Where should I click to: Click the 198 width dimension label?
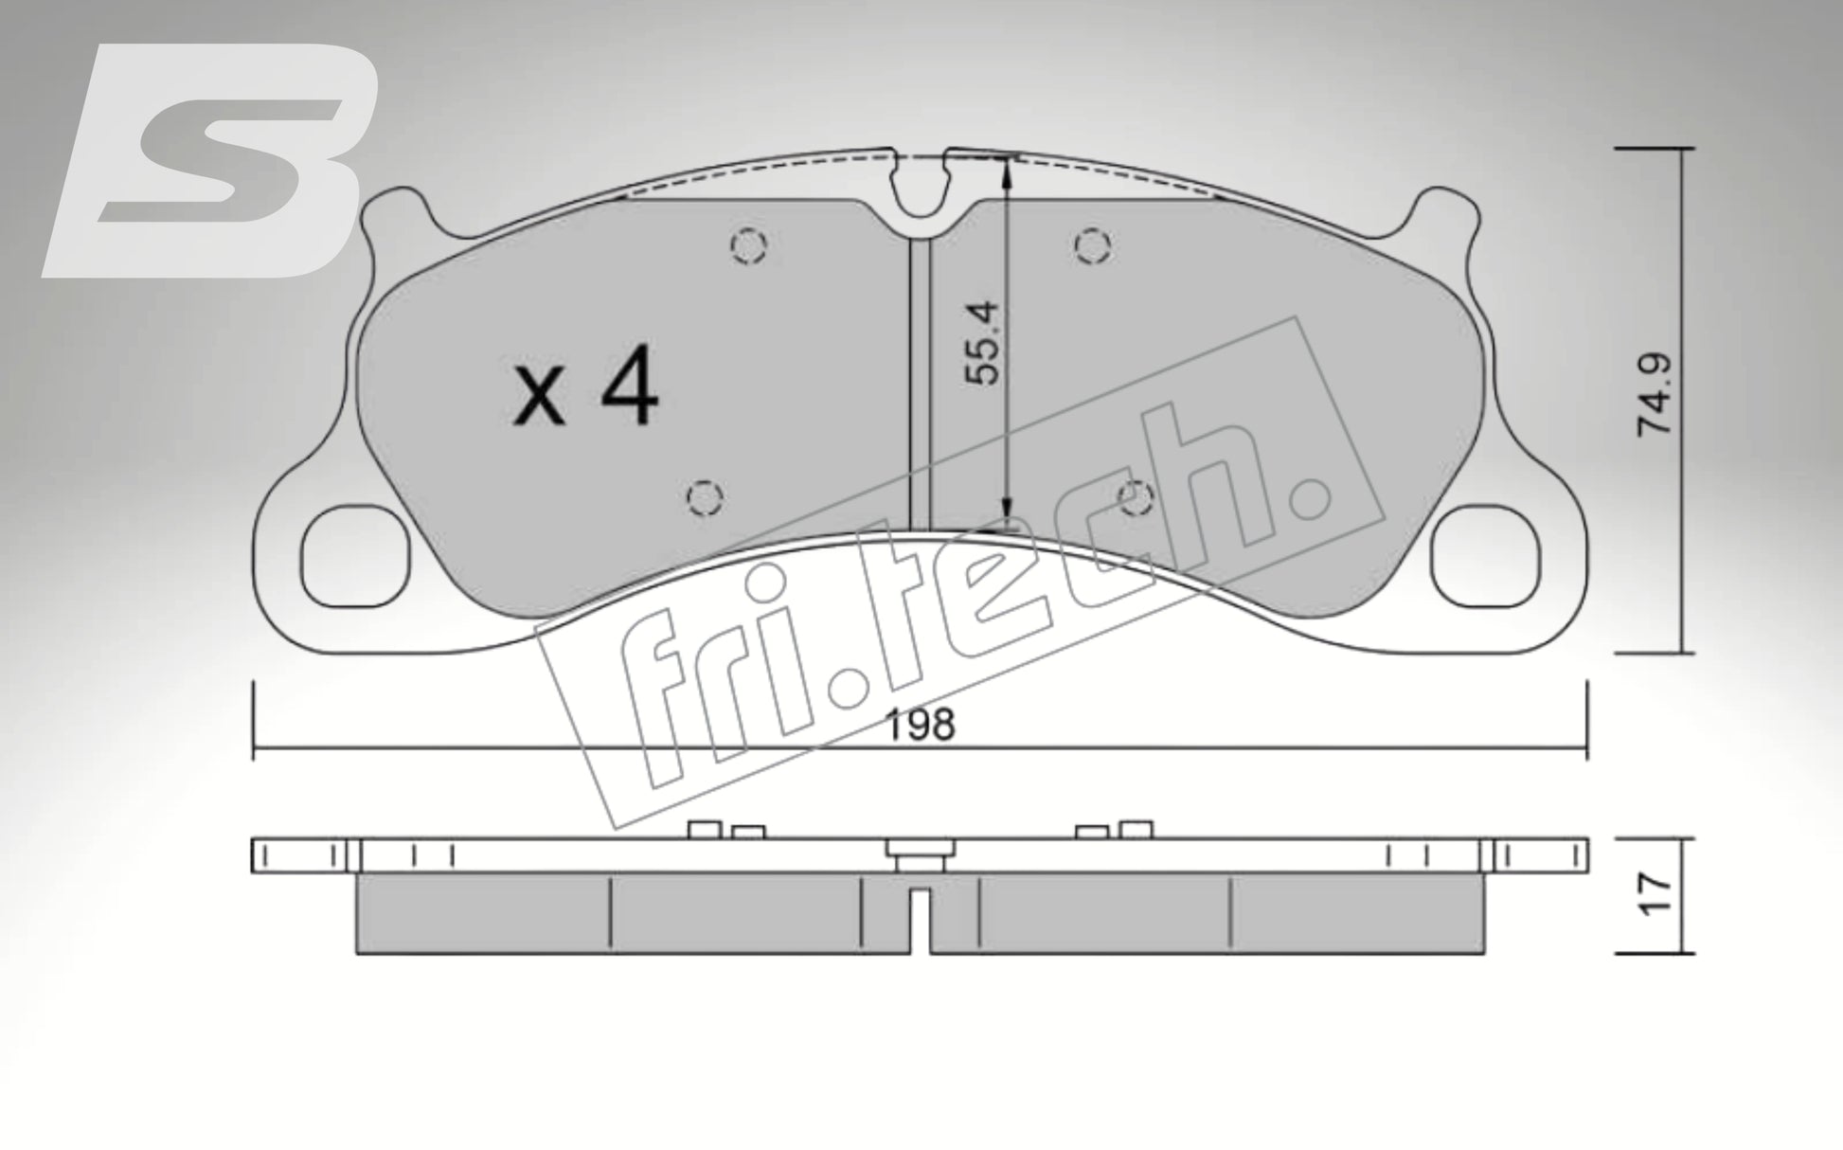click(x=921, y=726)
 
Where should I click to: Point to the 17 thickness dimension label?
click(x=1656, y=894)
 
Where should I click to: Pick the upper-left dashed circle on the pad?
click(x=748, y=246)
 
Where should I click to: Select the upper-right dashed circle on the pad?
click(x=1092, y=246)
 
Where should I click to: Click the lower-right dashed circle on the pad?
click(x=1135, y=495)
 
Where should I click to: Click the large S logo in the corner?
click(x=213, y=161)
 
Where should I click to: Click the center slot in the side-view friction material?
click(x=921, y=919)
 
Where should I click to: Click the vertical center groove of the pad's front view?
click(x=920, y=379)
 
